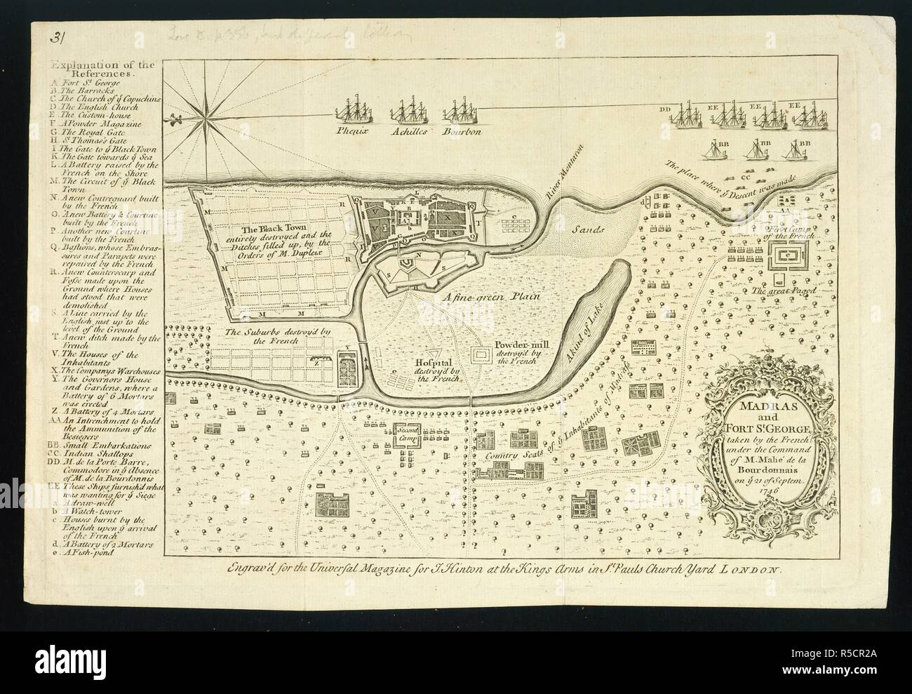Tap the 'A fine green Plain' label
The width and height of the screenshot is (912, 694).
click(x=495, y=297)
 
